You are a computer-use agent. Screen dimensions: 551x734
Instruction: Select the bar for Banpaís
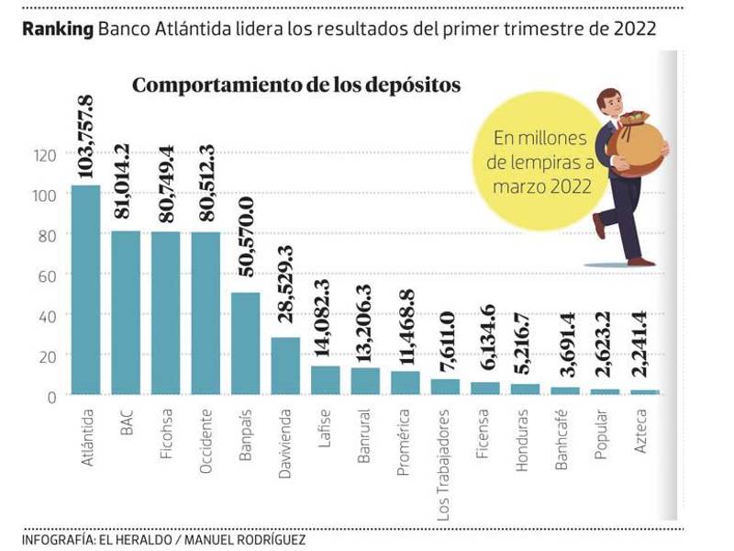coord(246,343)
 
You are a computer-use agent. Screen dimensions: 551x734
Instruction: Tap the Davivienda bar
coord(285,365)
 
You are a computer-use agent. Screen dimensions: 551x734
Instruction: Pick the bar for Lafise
coord(326,380)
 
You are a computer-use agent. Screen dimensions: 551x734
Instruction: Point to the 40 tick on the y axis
coord(47,315)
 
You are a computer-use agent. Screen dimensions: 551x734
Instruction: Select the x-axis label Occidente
coord(206,442)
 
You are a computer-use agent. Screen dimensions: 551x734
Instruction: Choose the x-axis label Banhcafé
coord(564,444)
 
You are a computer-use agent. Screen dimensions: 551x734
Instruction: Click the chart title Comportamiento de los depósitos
coord(296,85)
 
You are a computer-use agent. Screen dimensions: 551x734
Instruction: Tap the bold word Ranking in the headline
coord(58,28)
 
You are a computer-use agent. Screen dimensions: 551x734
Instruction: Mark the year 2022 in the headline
coord(634,28)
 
